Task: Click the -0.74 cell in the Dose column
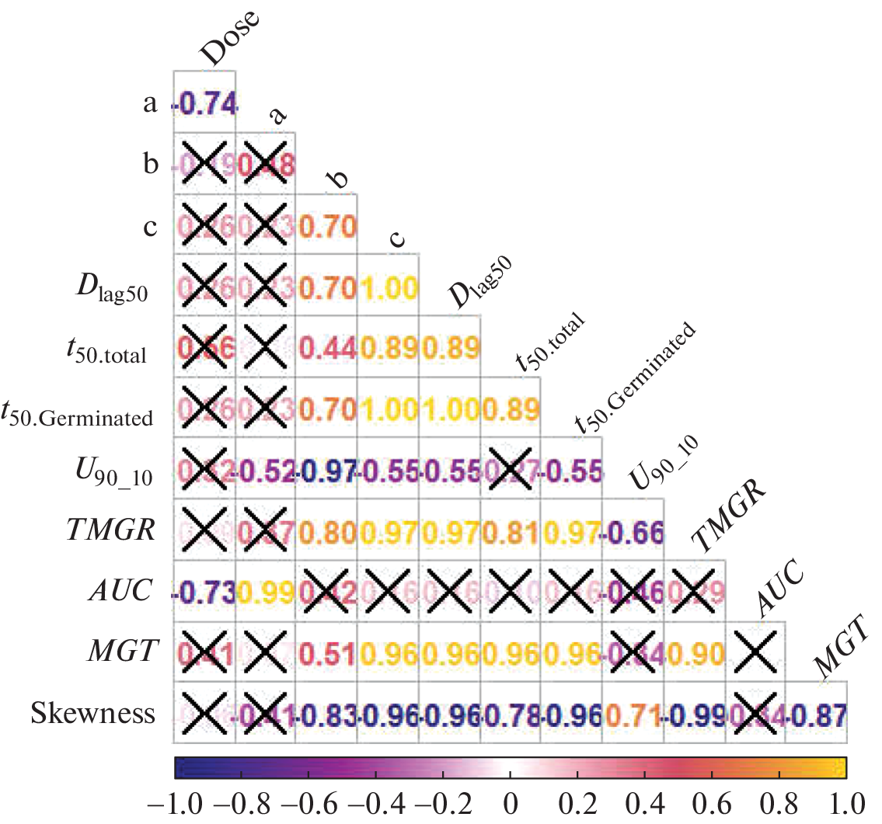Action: [x=204, y=103]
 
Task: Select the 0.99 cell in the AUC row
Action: [x=265, y=592]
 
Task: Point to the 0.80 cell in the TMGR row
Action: [x=326, y=531]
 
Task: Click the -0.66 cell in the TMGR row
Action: [x=633, y=531]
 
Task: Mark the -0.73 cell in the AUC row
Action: [x=204, y=592]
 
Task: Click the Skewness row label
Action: [x=93, y=714]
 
